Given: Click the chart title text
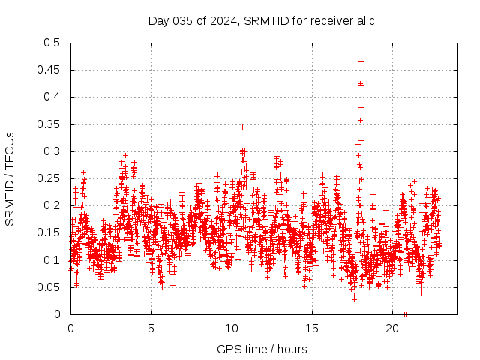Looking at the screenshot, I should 261,20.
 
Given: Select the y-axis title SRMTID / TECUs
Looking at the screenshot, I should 10,178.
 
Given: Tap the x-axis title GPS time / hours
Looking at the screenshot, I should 261,349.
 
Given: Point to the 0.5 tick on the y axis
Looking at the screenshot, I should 51,43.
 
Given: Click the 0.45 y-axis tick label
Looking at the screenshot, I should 48,70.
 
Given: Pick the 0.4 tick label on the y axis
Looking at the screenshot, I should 51,97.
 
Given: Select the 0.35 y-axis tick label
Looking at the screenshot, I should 48,124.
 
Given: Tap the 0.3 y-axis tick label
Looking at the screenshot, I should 51,151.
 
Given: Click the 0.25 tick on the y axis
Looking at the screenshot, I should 48,178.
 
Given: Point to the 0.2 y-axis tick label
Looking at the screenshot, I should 51,205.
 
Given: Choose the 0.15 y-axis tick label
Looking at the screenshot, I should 48,232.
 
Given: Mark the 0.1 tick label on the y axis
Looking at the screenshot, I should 51,259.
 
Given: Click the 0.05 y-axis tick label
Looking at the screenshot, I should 48,286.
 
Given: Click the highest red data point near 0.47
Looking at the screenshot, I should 361,61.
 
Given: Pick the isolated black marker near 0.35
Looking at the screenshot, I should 242,127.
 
